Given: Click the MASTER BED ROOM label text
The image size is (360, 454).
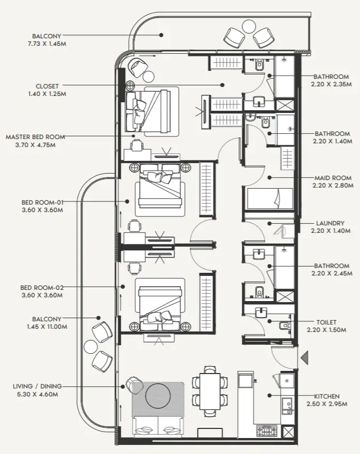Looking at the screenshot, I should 36,137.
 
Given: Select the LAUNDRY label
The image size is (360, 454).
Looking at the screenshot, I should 330,223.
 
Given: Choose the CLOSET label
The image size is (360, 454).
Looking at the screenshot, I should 47,86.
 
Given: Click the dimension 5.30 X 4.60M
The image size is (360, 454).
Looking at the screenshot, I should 37,394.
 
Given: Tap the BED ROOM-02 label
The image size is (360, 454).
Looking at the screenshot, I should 42,287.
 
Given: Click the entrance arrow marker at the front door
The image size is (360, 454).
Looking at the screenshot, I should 305,358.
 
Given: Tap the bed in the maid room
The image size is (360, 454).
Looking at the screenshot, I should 269,200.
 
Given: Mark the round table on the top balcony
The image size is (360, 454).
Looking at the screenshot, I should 249,25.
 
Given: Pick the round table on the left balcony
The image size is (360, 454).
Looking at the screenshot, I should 91,347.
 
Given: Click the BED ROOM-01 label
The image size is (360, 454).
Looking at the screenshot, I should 42,202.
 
